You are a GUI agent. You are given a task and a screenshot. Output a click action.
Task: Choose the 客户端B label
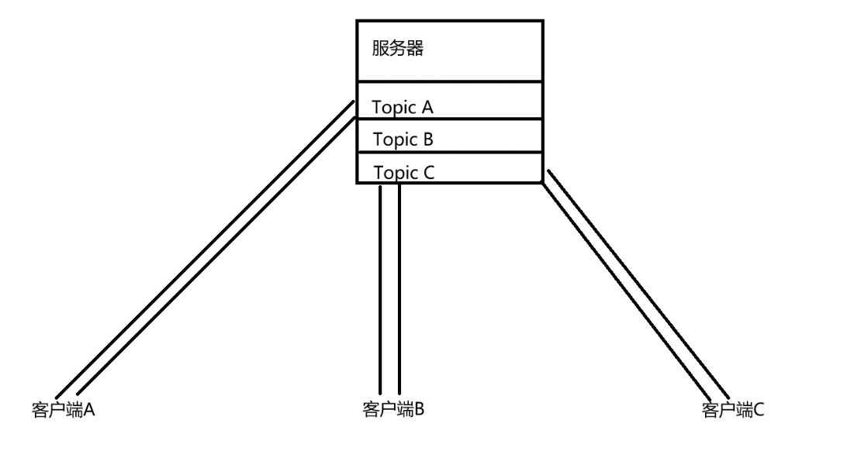coord(393,408)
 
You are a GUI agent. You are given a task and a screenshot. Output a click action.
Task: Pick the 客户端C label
coord(733,409)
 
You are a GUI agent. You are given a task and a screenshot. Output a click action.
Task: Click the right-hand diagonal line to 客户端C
coord(636,279)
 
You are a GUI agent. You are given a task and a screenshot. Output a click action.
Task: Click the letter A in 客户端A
coord(88,409)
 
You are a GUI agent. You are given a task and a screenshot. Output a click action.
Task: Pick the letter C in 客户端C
coord(759,409)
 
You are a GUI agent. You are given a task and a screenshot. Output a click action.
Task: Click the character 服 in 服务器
coord(380,50)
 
